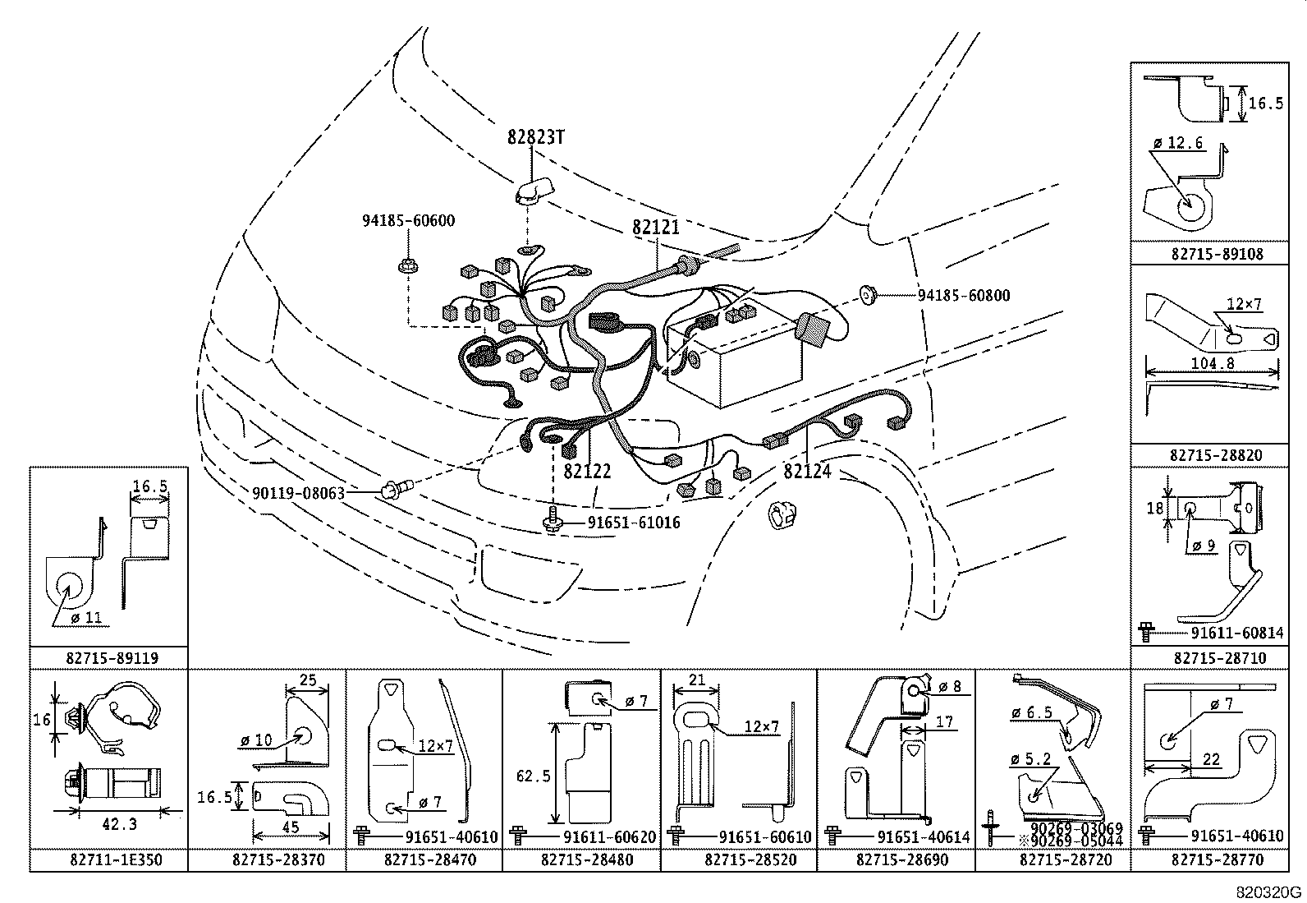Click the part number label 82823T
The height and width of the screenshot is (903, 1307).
pos(534,137)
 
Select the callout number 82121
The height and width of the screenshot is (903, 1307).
pos(655,227)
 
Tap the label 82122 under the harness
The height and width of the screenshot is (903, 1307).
pos(587,472)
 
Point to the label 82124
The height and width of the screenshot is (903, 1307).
pos(807,472)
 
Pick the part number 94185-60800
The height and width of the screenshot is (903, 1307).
pos(963,295)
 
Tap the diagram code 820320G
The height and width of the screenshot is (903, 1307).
pos(1269,892)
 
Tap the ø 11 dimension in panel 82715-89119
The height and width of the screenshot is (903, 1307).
pos(86,617)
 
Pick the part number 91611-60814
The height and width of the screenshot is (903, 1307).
pos(1236,633)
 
